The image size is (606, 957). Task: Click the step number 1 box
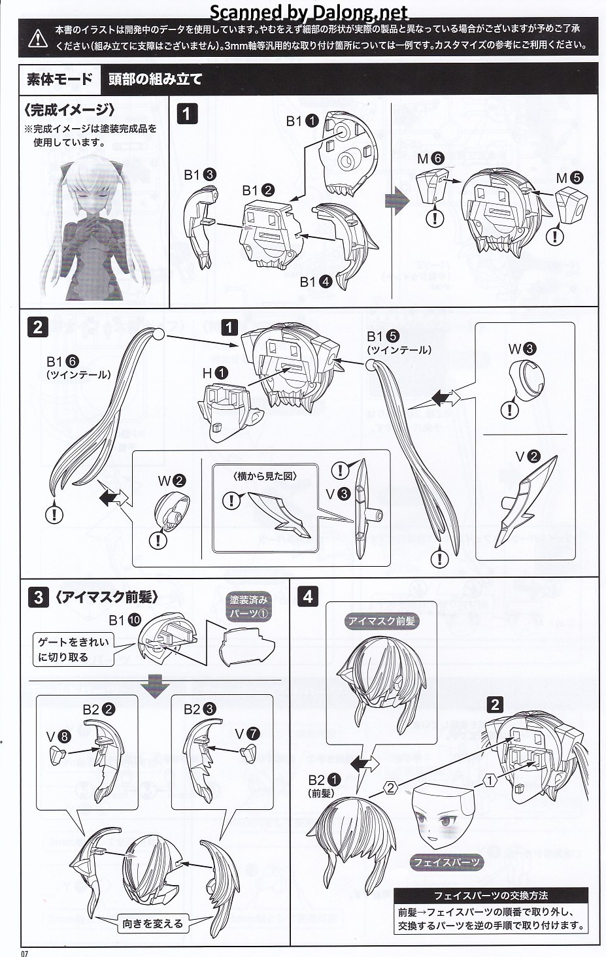point(187,114)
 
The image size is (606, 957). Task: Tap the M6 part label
point(431,158)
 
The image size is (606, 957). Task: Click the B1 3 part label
point(199,175)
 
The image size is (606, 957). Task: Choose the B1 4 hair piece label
point(316,282)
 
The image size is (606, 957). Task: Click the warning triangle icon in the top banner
point(38,39)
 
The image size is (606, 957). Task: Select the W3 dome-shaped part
point(526,379)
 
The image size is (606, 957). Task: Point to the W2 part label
point(171,481)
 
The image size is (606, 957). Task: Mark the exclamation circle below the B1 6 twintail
point(54,514)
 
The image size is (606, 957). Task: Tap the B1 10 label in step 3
point(125,620)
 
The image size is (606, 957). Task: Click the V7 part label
point(247,733)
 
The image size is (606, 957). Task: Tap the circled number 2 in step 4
point(390,788)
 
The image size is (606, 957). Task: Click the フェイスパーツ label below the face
point(446,862)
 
